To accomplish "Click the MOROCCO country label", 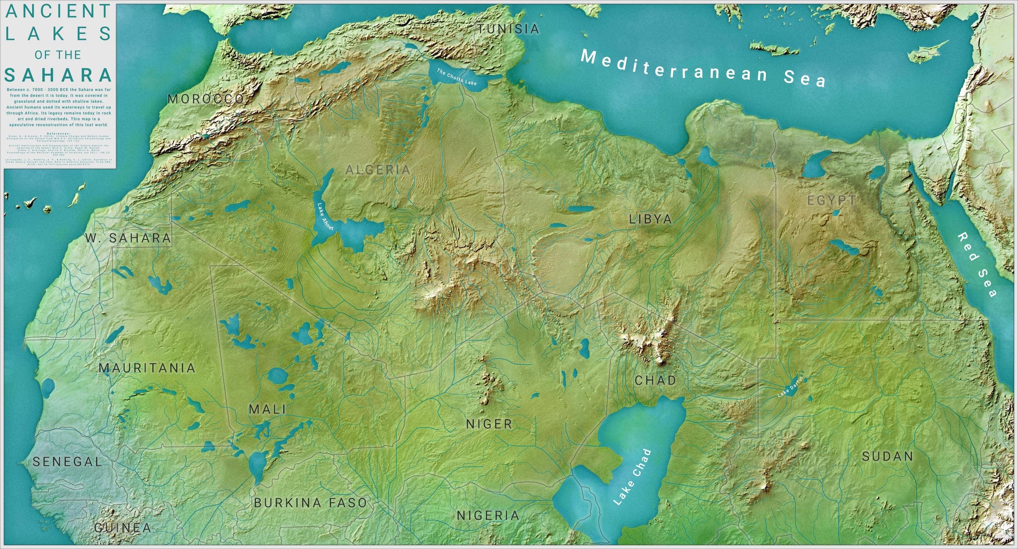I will pos(206,99).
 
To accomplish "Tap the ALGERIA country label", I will pos(378,170).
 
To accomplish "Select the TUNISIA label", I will pos(508,29).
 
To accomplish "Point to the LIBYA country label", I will pos(651,219).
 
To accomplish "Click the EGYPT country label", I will pos(832,200).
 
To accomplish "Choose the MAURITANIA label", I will pos(147,368).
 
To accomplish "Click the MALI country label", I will pos(267,409).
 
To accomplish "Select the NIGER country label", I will pos(489,425).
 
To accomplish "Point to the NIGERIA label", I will pos(488,515).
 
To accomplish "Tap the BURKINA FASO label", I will pos(311,503).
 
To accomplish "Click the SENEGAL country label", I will pos(67,462).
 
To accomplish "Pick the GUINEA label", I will pos(123,527).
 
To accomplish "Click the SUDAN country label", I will pos(887,456).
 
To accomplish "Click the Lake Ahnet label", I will pos(326,217).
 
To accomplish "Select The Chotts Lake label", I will pos(457,77).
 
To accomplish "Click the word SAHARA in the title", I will pos(59,75).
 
